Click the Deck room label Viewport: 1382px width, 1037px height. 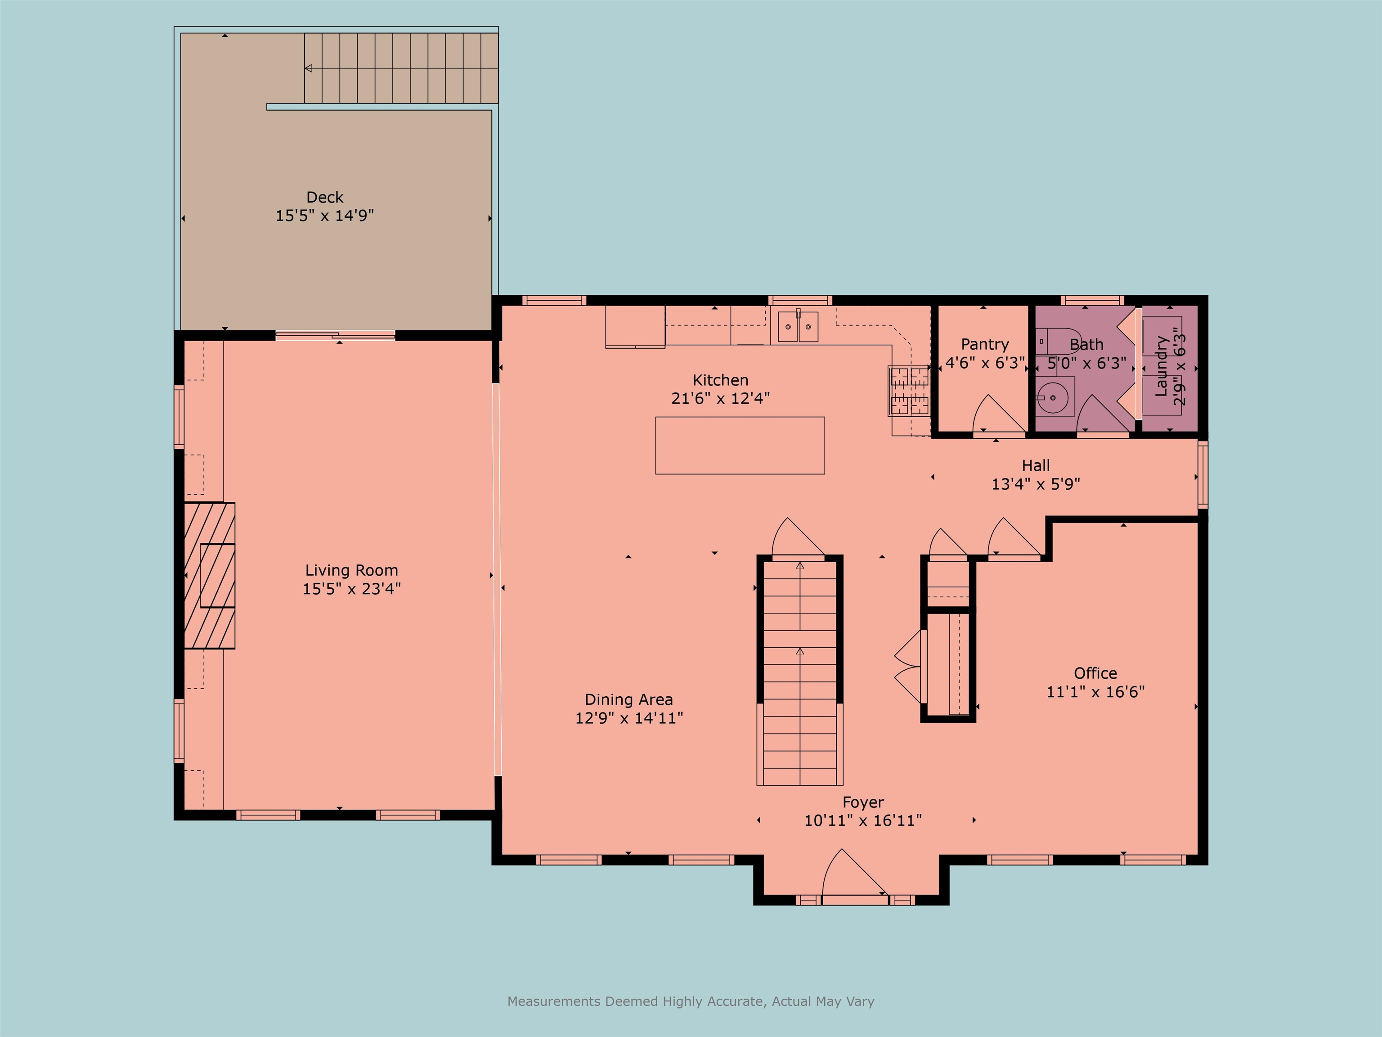324,198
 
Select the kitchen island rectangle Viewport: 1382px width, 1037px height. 740,446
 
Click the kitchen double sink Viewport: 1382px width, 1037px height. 798,327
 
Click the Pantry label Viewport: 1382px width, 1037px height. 985,344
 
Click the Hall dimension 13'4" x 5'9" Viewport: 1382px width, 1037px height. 1035,484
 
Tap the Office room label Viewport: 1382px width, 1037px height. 1095,673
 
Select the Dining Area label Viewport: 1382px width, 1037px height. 628,699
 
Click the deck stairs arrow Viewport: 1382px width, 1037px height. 309,68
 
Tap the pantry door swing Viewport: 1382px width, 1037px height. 998,415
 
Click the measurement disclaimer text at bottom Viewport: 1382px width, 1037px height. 691,1001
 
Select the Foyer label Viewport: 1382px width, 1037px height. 863,802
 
